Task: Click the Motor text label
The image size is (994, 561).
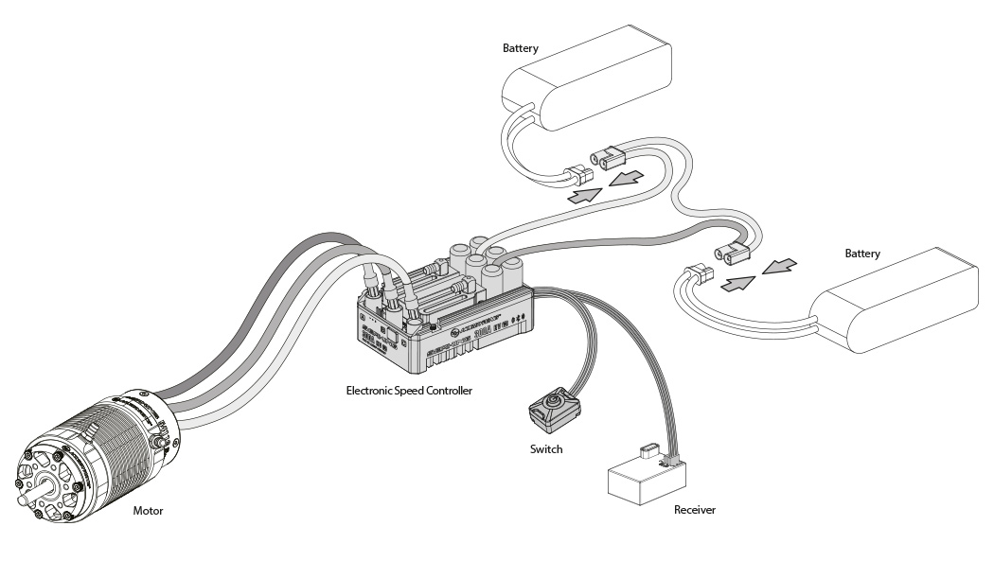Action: coord(148,511)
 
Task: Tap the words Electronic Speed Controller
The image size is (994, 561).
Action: coord(408,390)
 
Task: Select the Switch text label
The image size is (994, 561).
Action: coord(546,448)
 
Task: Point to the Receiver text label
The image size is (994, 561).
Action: coord(694,510)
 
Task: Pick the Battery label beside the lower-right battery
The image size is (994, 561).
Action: coord(862,254)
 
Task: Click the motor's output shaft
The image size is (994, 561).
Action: coord(23,485)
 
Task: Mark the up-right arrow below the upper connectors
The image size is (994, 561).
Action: coord(585,196)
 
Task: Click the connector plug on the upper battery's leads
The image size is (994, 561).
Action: coord(576,175)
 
